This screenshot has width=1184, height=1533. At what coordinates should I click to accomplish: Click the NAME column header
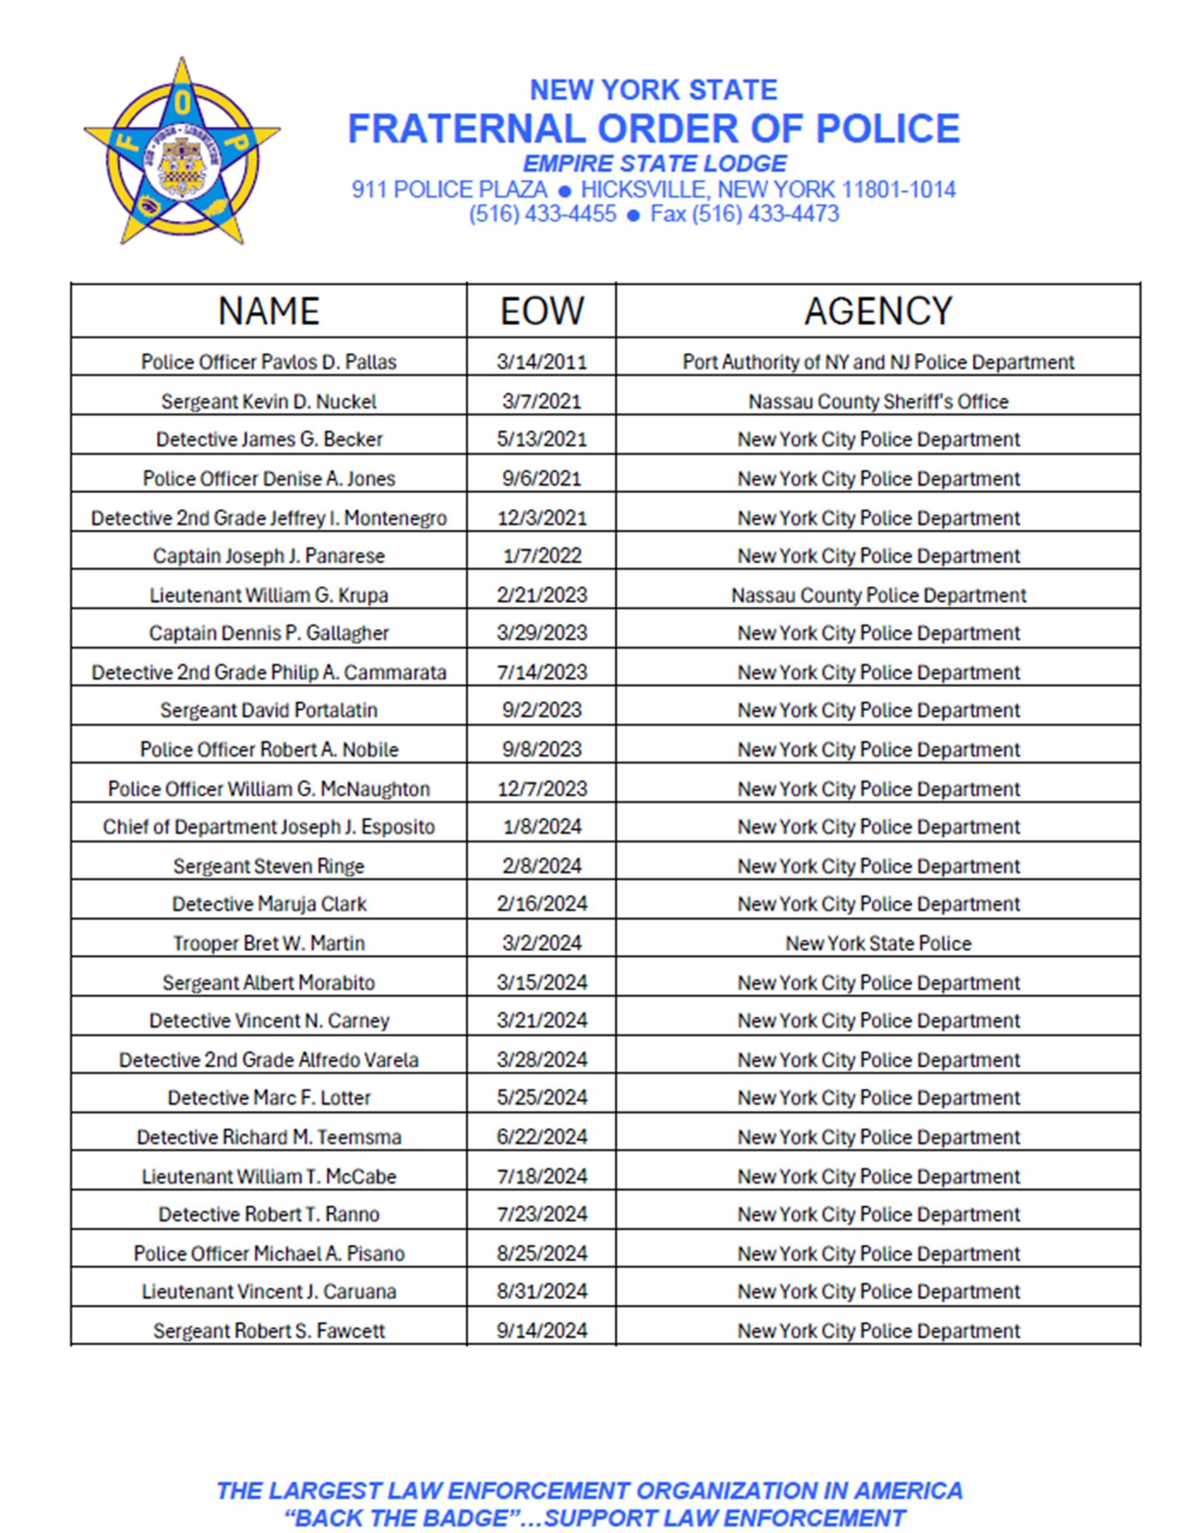click(268, 310)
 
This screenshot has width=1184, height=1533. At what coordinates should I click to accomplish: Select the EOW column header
click(541, 310)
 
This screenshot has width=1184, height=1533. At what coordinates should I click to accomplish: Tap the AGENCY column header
click(878, 310)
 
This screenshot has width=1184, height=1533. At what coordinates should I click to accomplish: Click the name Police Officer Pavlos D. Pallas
click(268, 362)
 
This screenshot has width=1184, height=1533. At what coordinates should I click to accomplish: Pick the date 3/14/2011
click(541, 362)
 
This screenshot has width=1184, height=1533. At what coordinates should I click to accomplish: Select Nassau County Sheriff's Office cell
click(878, 401)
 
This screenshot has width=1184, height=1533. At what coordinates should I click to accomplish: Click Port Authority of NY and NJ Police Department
click(878, 362)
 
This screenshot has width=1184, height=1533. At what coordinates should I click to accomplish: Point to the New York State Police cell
click(878, 943)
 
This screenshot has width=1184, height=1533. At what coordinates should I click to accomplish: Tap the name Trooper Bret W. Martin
click(268, 943)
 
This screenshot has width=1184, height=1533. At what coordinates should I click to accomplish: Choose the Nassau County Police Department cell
click(878, 595)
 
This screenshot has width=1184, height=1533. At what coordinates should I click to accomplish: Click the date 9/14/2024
click(541, 1331)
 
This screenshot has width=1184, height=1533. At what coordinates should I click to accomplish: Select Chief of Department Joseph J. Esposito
click(268, 827)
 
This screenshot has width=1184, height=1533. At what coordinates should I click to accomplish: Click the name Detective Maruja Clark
click(268, 904)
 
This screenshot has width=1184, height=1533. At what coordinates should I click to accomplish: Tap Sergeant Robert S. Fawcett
click(268, 1331)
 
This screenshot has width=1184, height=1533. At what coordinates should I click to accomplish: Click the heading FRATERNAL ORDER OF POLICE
click(654, 129)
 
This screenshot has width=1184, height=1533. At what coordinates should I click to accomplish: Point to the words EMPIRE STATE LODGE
click(654, 163)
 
